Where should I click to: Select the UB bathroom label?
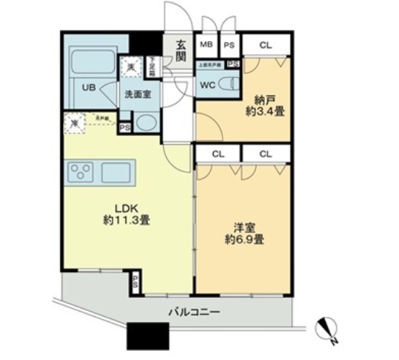tap(89, 87)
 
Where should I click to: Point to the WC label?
tap(207, 83)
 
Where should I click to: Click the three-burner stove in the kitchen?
tap(81, 173)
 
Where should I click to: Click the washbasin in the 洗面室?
tap(146, 122)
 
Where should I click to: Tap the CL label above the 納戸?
tap(265, 45)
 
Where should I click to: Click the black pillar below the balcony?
tap(143, 336)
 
